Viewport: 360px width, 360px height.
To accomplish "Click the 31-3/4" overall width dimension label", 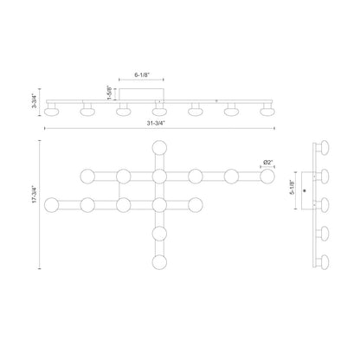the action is point(156,123).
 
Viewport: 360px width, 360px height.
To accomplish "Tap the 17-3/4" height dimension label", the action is point(35,195).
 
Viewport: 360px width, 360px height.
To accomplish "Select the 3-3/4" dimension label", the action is point(35,101).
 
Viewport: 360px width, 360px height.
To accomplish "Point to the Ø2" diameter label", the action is point(267,163).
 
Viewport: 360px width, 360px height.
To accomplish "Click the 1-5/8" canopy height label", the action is point(109,93).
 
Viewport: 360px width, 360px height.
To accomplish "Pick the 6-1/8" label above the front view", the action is point(142,74).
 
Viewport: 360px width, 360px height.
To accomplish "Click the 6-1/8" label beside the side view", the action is point(292,187).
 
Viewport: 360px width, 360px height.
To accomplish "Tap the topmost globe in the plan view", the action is point(159,148).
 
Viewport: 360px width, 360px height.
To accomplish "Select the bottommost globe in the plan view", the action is point(159,262).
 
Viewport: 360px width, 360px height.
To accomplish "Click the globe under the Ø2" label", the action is point(267,177).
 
